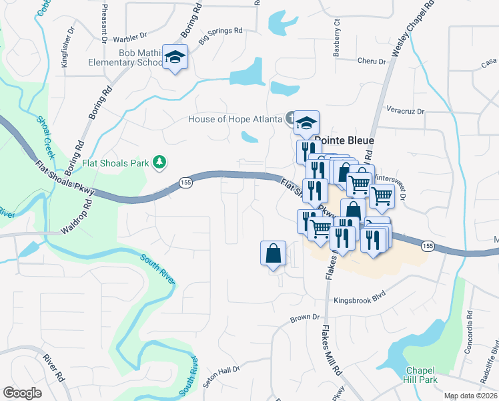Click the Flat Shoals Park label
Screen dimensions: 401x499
pos(116,162)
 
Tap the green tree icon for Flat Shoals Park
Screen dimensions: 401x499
pos(159,162)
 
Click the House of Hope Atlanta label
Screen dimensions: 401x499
pos(235,120)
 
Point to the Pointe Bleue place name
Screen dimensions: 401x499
pos(344,141)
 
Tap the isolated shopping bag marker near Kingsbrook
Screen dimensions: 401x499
pos(273,253)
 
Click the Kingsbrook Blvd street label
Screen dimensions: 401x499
pos(360,300)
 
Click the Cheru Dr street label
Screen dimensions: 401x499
pos(372,61)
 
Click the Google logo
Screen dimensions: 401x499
pos(22,393)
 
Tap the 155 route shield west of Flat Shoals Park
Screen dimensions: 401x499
pos(185,182)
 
